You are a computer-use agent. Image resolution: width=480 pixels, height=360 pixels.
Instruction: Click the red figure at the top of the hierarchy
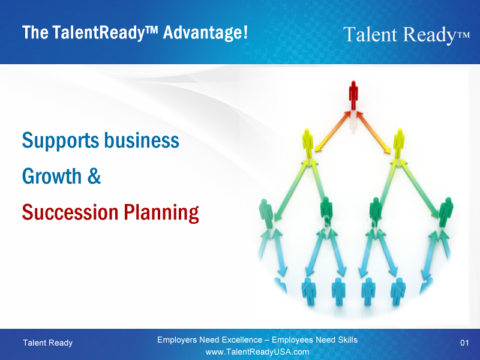[353, 95]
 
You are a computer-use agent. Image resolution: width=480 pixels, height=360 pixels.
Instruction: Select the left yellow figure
[308, 143]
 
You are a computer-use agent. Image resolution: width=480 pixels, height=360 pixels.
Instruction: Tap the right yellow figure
[399, 143]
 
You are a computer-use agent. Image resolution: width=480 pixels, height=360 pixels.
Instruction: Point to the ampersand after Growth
[94, 176]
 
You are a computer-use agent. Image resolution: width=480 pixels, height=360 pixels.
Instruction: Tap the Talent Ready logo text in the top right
[406, 35]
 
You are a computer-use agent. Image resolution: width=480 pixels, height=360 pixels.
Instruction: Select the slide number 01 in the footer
[464, 343]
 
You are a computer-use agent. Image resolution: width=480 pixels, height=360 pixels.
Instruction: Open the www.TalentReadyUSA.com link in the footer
[257, 352]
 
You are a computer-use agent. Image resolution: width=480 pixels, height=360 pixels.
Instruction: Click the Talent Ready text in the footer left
[47, 343]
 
